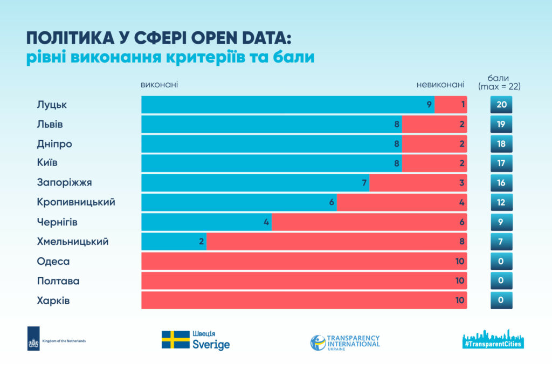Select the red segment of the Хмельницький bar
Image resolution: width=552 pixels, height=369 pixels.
point(336,242)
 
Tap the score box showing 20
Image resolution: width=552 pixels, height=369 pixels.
point(501,105)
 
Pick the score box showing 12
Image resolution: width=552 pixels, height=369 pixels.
point(501,202)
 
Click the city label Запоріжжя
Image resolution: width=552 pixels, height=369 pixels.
point(61,183)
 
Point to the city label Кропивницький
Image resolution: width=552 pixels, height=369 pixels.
point(76,202)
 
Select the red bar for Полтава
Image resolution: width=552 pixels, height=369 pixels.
point(304,281)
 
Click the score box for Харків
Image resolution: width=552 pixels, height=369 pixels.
point(501,300)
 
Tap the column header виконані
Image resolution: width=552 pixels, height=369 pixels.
point(159,85)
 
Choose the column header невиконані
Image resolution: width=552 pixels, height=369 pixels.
point(440,85)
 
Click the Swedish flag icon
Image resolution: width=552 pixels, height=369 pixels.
point(175,340)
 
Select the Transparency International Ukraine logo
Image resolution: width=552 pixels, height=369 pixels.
point(345,342)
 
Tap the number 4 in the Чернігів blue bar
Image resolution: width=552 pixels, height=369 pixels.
point(266,222)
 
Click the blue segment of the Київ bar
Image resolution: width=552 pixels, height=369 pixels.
point(271,163)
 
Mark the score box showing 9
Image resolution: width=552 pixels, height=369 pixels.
point(501,222)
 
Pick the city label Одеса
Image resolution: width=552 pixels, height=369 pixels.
point(53,261)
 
